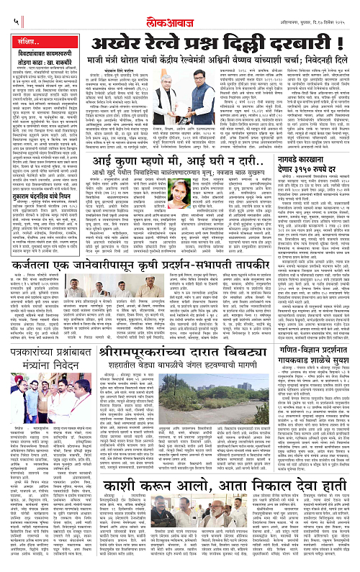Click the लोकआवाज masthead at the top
click(x=179, y=9)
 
